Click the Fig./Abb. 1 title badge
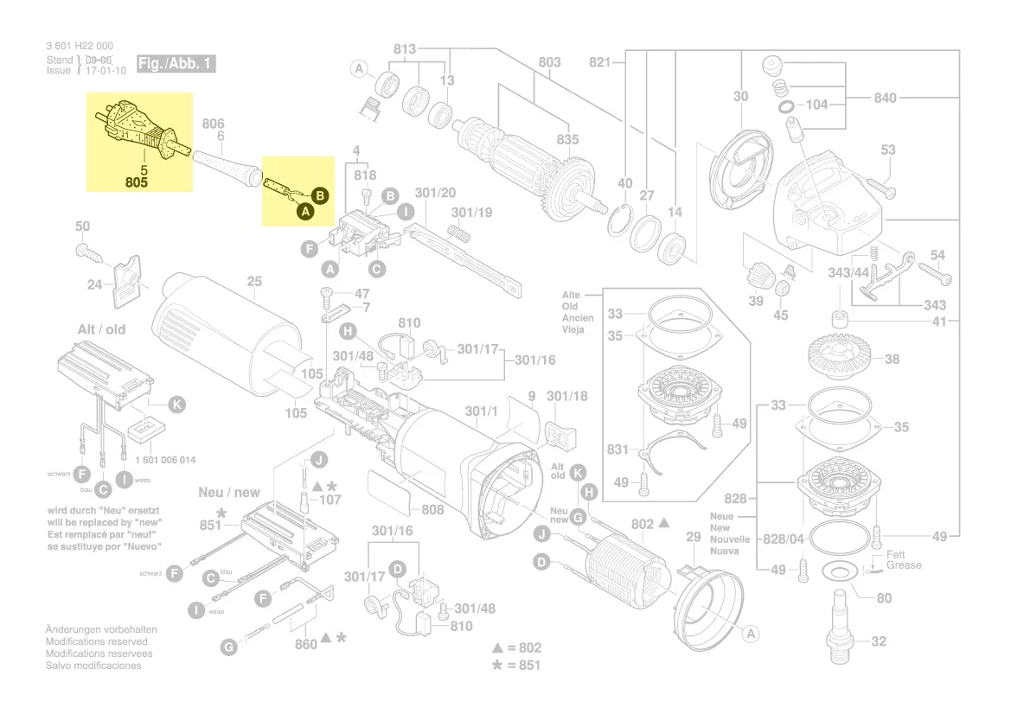(176, 65)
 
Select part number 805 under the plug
(136, 183)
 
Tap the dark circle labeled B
(319, 196)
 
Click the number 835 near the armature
(567, 139)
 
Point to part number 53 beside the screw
(888, 151)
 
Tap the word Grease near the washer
(904, 565)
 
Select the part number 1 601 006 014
(166, 460)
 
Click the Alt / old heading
(101, 330)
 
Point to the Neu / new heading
(229, 493)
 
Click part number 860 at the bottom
(306, 645)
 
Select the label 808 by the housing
(432, 510)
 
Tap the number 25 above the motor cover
(254, 281)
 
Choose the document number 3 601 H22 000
(80, 46)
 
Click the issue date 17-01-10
(106, 71)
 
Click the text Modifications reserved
(96, 642)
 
